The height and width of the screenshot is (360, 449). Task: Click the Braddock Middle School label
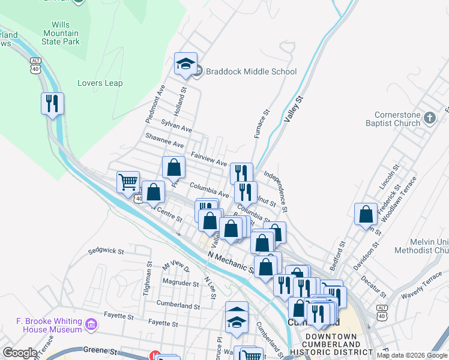[x=251, y=71]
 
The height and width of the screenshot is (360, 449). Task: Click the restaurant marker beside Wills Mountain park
[x=53, y=103]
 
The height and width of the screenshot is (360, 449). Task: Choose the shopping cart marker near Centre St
[x=128, y=182]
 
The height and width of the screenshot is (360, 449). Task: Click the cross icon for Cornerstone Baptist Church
[x=429, y=118]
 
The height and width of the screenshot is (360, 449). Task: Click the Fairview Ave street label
[x=208, y=159]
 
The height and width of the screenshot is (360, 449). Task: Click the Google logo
[x=20, y=353]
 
